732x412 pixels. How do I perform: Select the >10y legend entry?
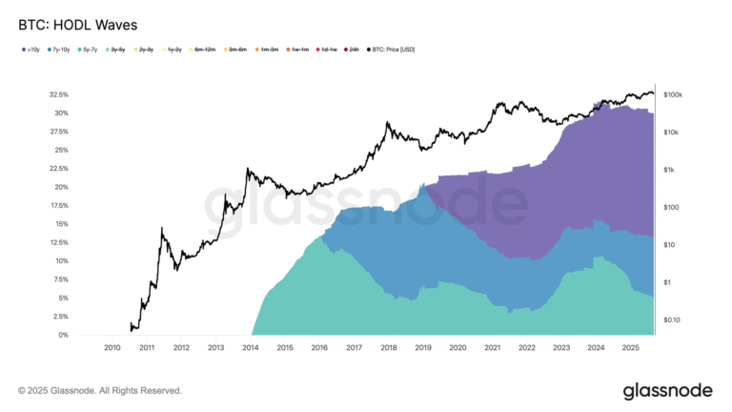coord(30,49)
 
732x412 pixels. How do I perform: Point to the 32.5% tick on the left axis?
coord(57,95)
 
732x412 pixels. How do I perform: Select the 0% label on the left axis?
coord(63,335)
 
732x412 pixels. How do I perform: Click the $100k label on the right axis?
coord(674,95)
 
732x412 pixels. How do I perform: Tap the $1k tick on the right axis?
coord(669,170)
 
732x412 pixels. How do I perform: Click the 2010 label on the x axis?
coord(112,349)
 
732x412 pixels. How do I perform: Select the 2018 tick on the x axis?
coord(388,349)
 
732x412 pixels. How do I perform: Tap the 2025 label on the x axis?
coord(629,349)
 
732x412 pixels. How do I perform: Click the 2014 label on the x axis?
coord(250,349)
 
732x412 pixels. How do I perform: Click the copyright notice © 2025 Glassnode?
coord(100,391)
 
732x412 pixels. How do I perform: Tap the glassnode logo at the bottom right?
coord(667,390)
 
